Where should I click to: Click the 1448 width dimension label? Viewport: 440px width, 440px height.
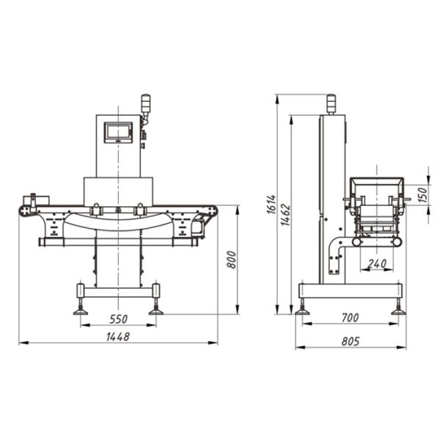pyautogui.click(x=118, y=337)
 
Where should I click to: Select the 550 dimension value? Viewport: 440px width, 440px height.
pyautogui.click(x=118, y=319)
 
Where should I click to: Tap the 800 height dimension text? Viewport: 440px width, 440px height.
pyautogui.click(x=232, y=260)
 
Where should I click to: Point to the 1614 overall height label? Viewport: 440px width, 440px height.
pyautogui.click(x=271, y=204)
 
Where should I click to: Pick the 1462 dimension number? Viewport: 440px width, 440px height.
pyautogui.click(x=286, y=215)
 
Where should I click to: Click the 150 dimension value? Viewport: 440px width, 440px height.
pyautogui.click(x=422, y=195)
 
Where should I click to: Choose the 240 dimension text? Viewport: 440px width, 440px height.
pyautogui.click(x=377, y=264)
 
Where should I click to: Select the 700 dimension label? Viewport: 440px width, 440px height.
pyautogui.click(x=350, y=318)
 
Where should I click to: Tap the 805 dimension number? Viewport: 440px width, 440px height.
pyautogui.click(x=351, y=341)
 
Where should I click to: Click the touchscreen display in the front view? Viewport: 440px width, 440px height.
pyautogui.click(x=118, y=132)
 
